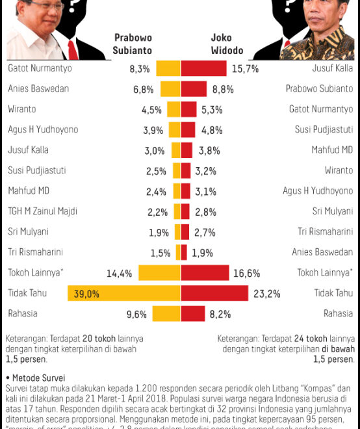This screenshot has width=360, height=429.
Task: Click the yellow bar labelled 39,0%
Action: [123, 294]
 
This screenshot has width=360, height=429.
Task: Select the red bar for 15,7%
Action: [203, 68]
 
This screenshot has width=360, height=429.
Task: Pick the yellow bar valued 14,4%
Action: [159, 274]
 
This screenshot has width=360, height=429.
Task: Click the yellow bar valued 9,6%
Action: [166, 315]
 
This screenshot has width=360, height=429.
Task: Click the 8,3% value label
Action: [140, 68]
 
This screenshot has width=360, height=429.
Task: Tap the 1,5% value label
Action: [161, 253]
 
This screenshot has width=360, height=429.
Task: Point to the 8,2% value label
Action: [220, 315]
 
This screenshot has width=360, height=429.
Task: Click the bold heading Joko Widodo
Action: [227, 44]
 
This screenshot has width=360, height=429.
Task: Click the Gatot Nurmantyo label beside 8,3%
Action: [39, 68]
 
